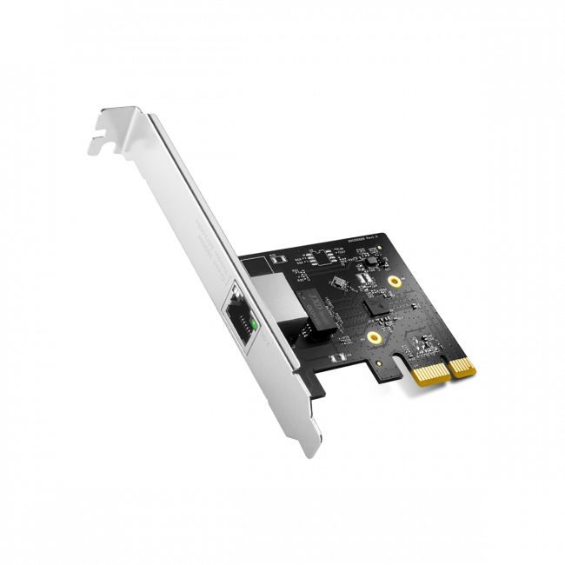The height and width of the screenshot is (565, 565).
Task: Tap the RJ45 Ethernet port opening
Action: point(239,318)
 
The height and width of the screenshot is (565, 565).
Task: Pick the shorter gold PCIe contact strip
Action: point(461,364)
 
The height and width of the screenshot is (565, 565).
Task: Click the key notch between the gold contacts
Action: point(449,369)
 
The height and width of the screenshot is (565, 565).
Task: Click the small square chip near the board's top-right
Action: point(369,262)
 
